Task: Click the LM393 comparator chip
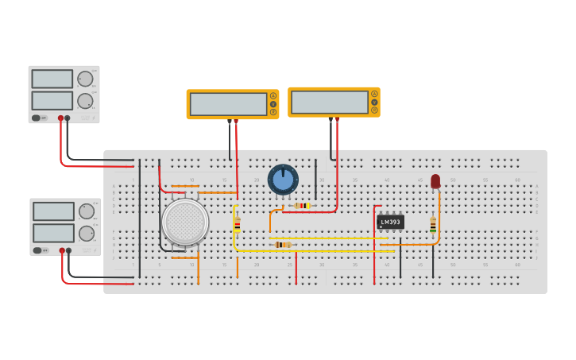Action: [x=390, y=222]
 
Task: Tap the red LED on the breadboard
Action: [x=435, y=181]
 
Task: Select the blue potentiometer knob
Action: [x=283, y=180]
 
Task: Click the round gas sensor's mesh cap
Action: [x=185, y=222]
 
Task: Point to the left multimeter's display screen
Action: [x=228, y=104]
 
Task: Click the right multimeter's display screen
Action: [x=330, y=102]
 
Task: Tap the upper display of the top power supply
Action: [x=52, y=79]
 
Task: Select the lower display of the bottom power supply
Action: [x=54, y=233]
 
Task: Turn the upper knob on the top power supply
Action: [x=84, y=79]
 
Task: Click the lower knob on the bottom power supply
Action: [x=86, y=233]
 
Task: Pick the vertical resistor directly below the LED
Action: [x=433, y=226]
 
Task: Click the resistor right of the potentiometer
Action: [x=302, y=206]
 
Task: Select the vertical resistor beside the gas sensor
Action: [x=237, y=225]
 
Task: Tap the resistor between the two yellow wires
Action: [x=283, y=245]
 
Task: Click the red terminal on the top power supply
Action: [x=60, y=118]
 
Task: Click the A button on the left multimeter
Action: [x=273, y=95]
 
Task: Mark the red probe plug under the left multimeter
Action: [x=236, y=122]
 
